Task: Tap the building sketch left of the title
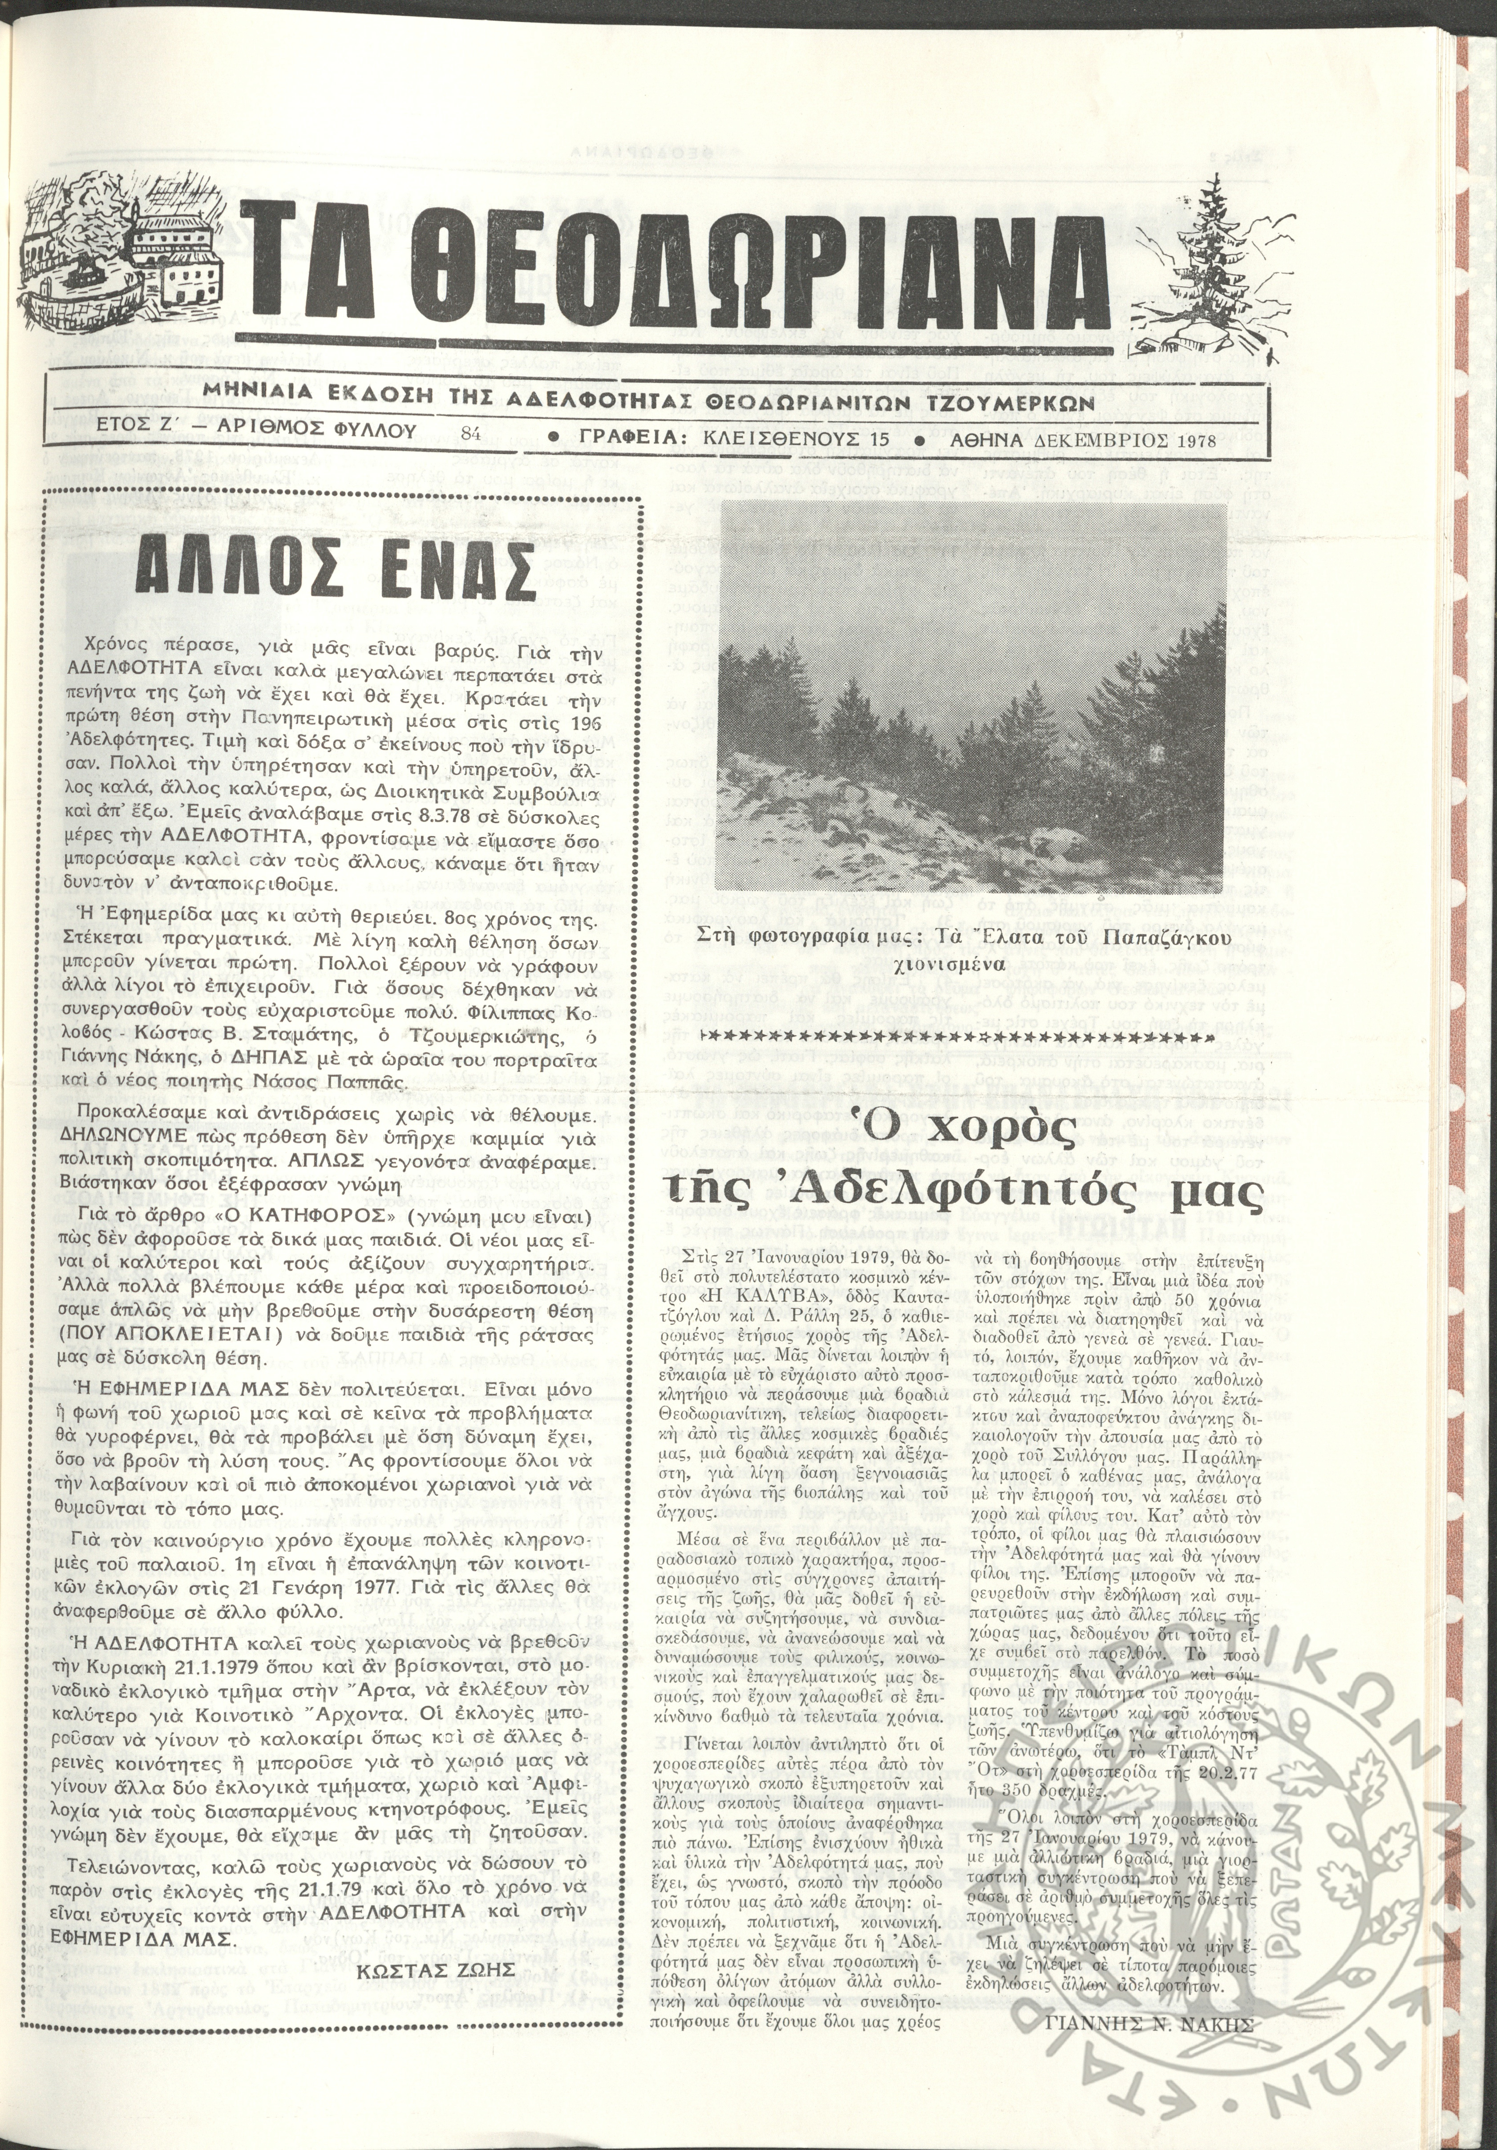pos(131,271)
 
